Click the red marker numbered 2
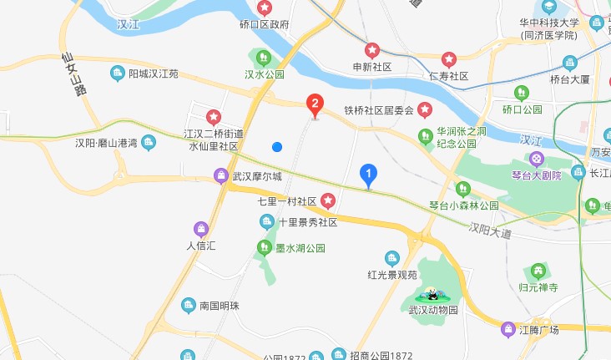click(315, 104)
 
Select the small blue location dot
click(277, 147)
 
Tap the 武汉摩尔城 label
click(257, 176)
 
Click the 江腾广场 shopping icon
click(507, 329)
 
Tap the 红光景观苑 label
click(391, 274)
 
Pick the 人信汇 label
click(200, 246)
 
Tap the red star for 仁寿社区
click(449, 60)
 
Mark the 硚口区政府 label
click(265, 25)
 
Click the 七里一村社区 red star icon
click(328, 201)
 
